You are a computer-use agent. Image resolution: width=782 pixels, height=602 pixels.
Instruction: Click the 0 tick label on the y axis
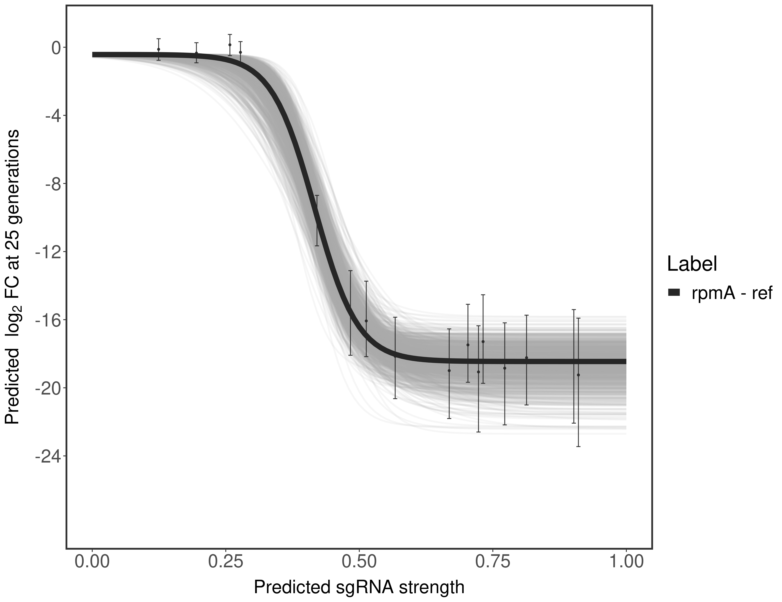coord(56,48)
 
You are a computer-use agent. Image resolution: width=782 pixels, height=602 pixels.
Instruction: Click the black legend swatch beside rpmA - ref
coord(674,292)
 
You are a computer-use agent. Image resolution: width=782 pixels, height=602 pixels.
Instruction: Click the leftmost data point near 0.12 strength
coord(159,49)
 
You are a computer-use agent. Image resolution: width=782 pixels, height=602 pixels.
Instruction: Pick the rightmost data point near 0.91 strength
coord(578,375)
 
